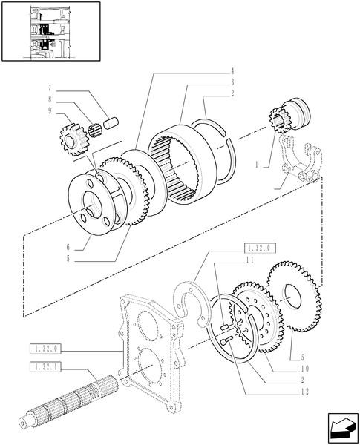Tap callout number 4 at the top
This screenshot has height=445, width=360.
pyautogui.click(x=232, y=71)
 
